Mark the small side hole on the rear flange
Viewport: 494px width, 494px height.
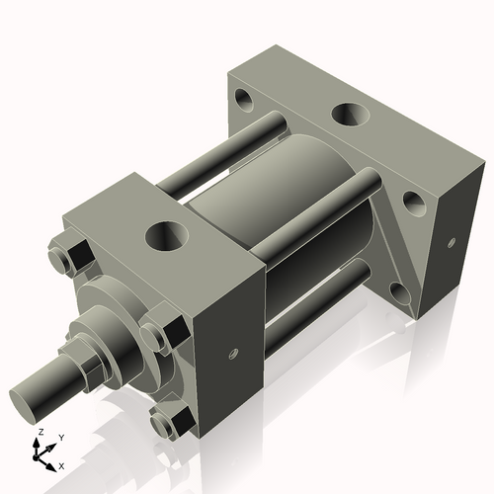coord(451,241)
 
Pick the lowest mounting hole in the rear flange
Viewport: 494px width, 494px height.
coord(398,291)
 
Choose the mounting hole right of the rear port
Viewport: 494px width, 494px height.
coord(413,204)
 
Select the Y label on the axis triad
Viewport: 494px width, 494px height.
coord(60,437)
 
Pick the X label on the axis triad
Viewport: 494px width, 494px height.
coord(61,464)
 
